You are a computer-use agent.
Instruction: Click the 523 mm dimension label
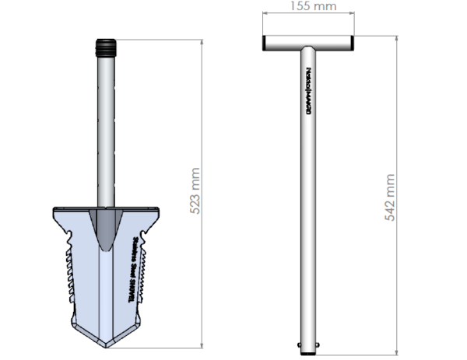point(196,191)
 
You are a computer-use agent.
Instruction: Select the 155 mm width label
point(309,6)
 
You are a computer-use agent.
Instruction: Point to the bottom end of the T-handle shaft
point(309,342)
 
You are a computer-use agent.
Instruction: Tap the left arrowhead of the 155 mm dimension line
point(264,13)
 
